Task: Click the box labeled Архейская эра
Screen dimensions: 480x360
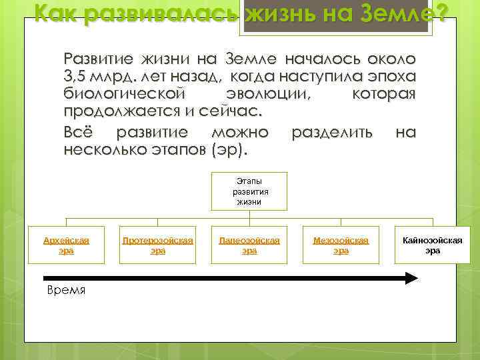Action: click(66, 245)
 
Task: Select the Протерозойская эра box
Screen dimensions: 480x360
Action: click(157, 245)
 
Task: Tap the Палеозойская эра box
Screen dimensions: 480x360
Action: click(249, 245)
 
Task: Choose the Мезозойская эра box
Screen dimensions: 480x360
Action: click(341, 245)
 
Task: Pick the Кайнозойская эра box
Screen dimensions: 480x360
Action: click(433, 245)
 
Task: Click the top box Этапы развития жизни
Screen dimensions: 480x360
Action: click(249, 191)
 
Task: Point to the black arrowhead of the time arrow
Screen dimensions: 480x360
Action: click(411, 279)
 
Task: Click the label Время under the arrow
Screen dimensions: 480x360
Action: click(66, 291)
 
